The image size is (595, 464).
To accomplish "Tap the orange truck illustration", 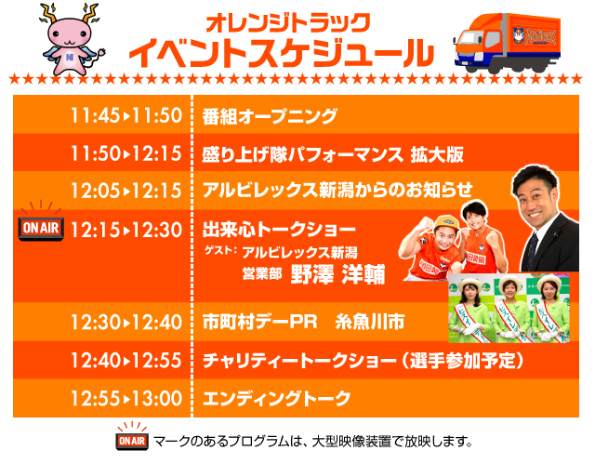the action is (x=507, y=43).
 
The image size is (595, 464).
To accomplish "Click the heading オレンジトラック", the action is (x=288, y=23).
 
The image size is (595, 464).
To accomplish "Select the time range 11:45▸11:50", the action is (x=126, y=115).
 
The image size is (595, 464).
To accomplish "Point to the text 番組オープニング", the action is (x=270, y=116).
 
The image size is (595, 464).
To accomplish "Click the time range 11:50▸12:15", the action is (x=126, y=153).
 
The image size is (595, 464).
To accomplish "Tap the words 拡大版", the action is (x=437, y=154).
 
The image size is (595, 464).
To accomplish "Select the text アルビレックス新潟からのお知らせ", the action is (x=337, y=190).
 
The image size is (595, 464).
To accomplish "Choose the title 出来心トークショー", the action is (x=279, y=229).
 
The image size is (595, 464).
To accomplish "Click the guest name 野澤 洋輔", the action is (x=338, y=274).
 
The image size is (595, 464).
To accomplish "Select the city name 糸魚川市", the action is (x=370, y=322).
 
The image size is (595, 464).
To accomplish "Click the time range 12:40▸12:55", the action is (x=126, y=360).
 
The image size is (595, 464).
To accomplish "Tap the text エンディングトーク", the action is (x=277, y=398).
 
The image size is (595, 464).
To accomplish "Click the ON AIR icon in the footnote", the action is (x=132, y=436).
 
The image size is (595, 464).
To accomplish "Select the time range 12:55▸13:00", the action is (x=126, y=398).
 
